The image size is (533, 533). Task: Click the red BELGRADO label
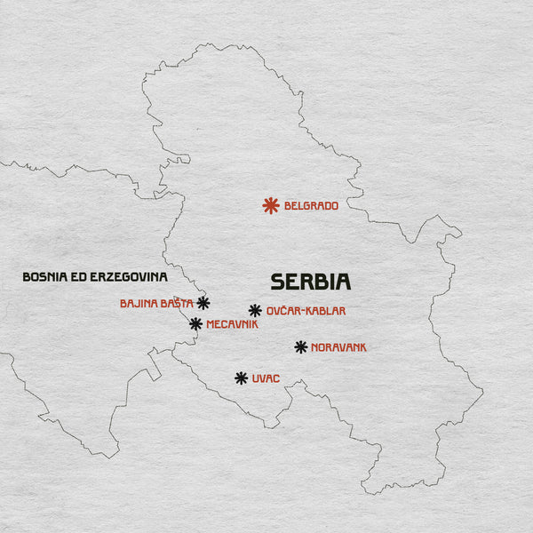point(311,206)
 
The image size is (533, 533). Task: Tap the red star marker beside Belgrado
point(271,206)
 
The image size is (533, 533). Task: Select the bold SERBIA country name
point(311,282)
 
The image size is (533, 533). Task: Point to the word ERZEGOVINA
point(131,277)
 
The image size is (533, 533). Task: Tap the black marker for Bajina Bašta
point(203,303)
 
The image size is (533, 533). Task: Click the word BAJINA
point(138,304)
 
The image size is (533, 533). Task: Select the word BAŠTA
point(177,304)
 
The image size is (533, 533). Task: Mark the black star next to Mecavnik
point(195,324)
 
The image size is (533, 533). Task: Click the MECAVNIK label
point(232,325)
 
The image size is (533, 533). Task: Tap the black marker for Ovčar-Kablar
point(255,310)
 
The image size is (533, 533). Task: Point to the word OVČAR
point(284,311)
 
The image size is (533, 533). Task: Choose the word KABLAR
point(326,311)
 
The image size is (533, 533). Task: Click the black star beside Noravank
point(301,347)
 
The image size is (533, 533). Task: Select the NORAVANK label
point(338,347)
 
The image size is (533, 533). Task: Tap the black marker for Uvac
point(241,378)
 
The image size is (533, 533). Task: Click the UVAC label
point(266,378)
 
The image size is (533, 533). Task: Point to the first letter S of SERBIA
point(278,282)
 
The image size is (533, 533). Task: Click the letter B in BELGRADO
point(288,206)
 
